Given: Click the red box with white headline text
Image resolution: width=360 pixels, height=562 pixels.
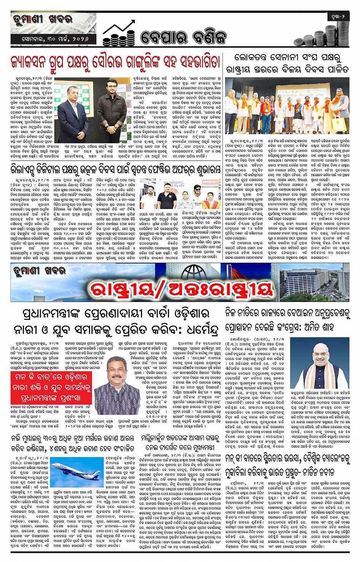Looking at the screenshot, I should [51, 387].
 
